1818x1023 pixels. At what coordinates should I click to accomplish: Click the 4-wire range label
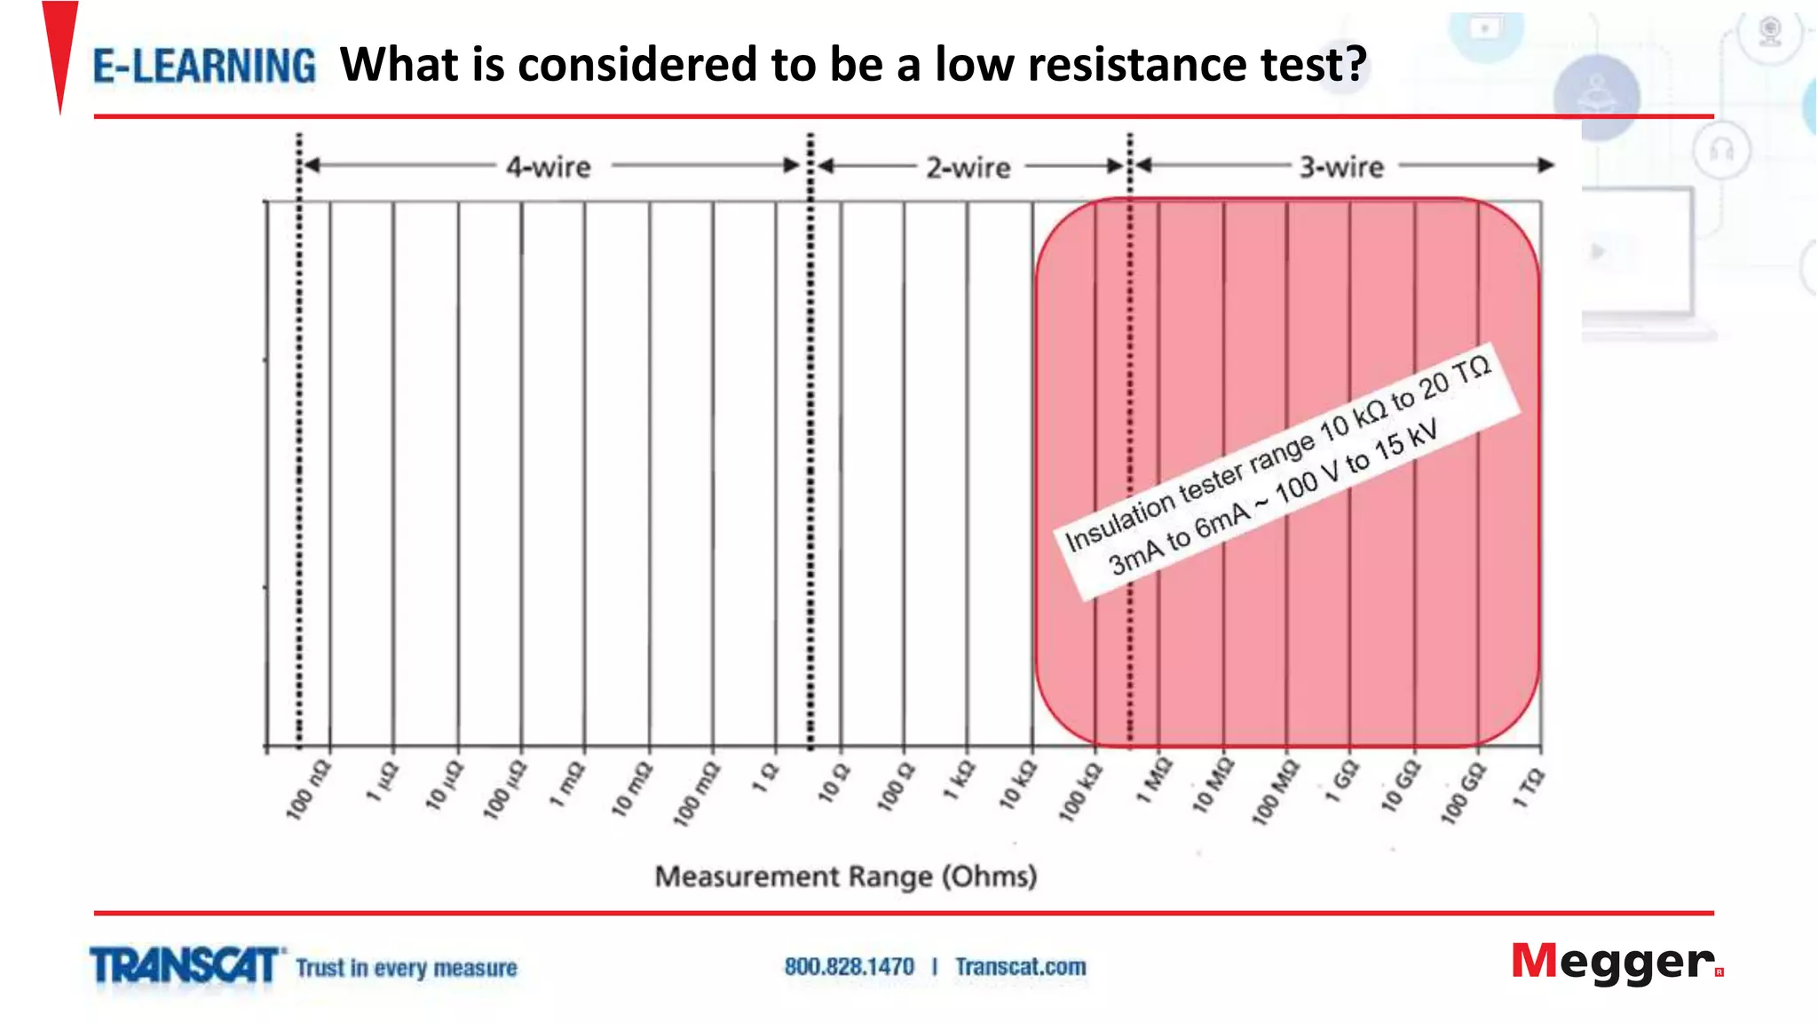548,167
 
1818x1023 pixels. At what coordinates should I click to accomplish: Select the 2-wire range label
968,168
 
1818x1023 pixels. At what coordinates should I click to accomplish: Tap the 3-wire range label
1341,167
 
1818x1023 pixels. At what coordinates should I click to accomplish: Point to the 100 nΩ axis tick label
307,790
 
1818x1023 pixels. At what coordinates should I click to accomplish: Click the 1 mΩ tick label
566,784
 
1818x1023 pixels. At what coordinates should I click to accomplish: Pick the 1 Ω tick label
765,777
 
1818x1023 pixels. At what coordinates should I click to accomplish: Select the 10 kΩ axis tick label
1017,785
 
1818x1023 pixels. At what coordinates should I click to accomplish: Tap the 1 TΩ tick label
1529,788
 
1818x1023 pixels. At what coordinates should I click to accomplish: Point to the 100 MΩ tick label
1274,792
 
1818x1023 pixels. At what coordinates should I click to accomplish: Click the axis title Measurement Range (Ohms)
845,876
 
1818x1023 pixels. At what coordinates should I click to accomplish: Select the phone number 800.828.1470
849,966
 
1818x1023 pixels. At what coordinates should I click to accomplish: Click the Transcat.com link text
1020,966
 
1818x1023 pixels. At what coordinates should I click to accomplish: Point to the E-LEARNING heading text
204,67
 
